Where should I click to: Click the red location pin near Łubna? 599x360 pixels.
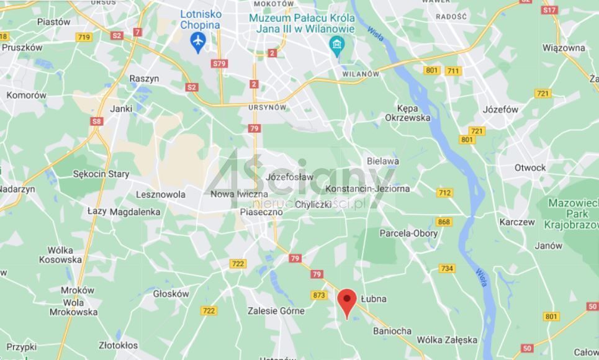click(x=347, y=300)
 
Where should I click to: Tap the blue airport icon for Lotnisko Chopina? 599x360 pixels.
click(x=199, y=42)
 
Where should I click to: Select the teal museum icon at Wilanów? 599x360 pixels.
click(x=337, y=45)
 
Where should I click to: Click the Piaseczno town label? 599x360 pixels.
click(x=261, y=212)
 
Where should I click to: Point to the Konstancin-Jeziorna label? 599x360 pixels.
click(x=367, y=189)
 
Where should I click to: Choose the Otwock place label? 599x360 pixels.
click(x=530, y=168)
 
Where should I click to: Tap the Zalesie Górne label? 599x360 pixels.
click(x=276, y=310)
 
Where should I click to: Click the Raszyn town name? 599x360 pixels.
click(x=144, y=79)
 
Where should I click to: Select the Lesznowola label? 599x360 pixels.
click(x=161, y=194)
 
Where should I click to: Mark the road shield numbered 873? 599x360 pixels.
click(x=319, y=295)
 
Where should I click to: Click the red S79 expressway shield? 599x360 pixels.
click(x=219, y=63)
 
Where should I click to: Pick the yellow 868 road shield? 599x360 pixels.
click(x=444, y=222)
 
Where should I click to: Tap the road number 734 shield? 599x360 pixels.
click(x=447, y=268)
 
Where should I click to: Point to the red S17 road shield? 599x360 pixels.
click(x=549, y=10)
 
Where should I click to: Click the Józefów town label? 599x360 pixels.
click(x=500, y=109)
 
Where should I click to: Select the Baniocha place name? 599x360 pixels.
click(x=392, y=331)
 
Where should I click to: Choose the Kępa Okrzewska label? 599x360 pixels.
click(x=407, y=112)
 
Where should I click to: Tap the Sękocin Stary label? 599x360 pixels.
click(x=101, y=174)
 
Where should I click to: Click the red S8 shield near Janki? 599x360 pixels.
click(x=96, y=121)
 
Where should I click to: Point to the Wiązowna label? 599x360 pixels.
click(x=564, y=48)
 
